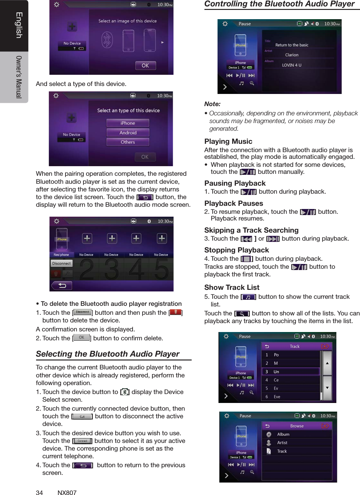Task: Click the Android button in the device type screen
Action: pyautogui.click(x=128, y=133)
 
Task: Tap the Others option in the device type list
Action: pyautogui.click(x=128, y=142)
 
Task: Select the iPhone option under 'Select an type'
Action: pyautogui.click(x=128, y=123)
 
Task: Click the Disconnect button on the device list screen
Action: pyautogui.click(x=61, y=264)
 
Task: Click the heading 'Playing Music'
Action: pyautogui.click(x=228, y=142)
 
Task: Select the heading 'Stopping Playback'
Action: pyautogui.click(x=236, y=250)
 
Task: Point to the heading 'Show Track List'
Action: pyautogui.click(x=232, y=288)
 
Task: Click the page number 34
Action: pyautogui.click(x=39, y=492)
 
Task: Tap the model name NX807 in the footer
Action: pyautogui.click(x=67, y=492)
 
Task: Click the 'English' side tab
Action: pyautogui.click(x=19, y=25)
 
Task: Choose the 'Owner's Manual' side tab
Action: pyautogui.click(x=19, y=77)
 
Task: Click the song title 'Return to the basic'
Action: pyautogui.click(x=292, y=45)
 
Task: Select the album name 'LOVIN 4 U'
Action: pyautogui.click(x=291, y=65)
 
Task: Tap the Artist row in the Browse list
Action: pyautogui.click(x=282, y=443)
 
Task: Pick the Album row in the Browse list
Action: pyautogui.click(x=283, y=435)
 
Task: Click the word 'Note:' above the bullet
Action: pyautogui.click(x=212, y=104)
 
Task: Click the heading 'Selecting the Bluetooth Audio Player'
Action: pyautogui.click(x=107, y=354)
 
